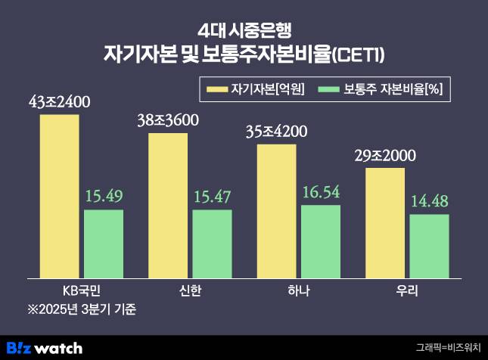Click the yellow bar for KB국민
click(60, 197)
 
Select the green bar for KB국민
click(104, 244)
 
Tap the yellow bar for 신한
click(168, 206)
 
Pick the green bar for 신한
click(212, 244)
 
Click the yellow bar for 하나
click(277, 211)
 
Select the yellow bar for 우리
click(385, 223)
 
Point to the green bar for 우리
click(429, 247)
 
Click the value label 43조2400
click(60, 101)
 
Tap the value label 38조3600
click(168, 119)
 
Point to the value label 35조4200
click(277, 132)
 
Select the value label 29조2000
click(385, 156)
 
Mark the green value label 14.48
click(429, 203)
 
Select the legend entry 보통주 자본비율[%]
click(383, 90)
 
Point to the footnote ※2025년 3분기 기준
click(82, 310)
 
